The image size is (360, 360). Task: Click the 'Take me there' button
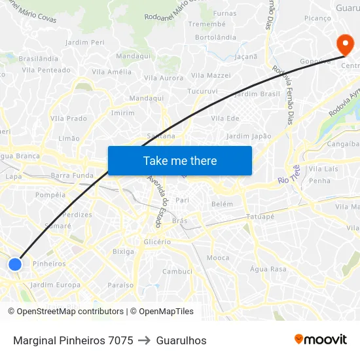pos(180,160)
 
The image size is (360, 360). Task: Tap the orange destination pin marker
pos(344,45)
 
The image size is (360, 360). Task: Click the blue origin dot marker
pos(15,264)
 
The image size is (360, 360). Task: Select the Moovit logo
pos(320,340)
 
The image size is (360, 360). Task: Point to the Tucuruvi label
pos(201,91)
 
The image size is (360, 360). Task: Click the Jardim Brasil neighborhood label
pos(257,94)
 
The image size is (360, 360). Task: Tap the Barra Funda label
pos(72,175)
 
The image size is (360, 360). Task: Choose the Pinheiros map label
pos(49,264)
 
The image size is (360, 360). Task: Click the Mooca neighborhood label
pos(218,258)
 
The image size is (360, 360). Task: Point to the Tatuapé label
pos(260,217)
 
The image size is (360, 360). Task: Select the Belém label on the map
pos(222,204)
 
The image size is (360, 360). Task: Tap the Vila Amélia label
pos(111,72)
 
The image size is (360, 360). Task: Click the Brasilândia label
pos(39,58)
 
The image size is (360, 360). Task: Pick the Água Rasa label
pos(268,269)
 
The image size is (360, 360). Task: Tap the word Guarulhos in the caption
pos(181,340)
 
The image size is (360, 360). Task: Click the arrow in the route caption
pos(145,340)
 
